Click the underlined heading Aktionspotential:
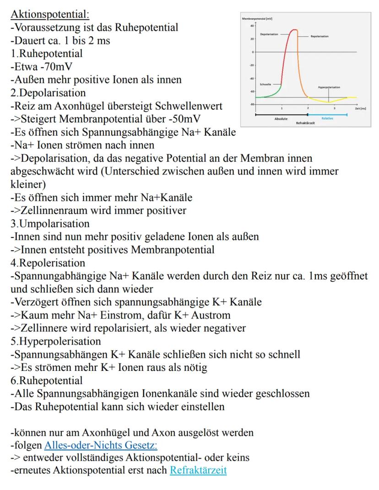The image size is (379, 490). coord(47,14)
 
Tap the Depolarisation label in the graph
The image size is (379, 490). coord(269,34)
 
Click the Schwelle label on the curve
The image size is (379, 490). coord(265,84)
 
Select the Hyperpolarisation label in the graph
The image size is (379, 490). coord(329,86)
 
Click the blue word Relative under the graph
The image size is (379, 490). coord(327,118)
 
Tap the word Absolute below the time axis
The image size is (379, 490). coord(281,118)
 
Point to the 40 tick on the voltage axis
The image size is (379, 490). coord(252,26)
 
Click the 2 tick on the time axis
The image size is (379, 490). coord(308,108)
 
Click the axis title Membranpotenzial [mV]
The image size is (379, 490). coord(257,17)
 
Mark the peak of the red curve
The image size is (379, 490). coord(294,30)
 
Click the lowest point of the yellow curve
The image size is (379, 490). coord(328,102)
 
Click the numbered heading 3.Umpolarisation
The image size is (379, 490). coord(50,224)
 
